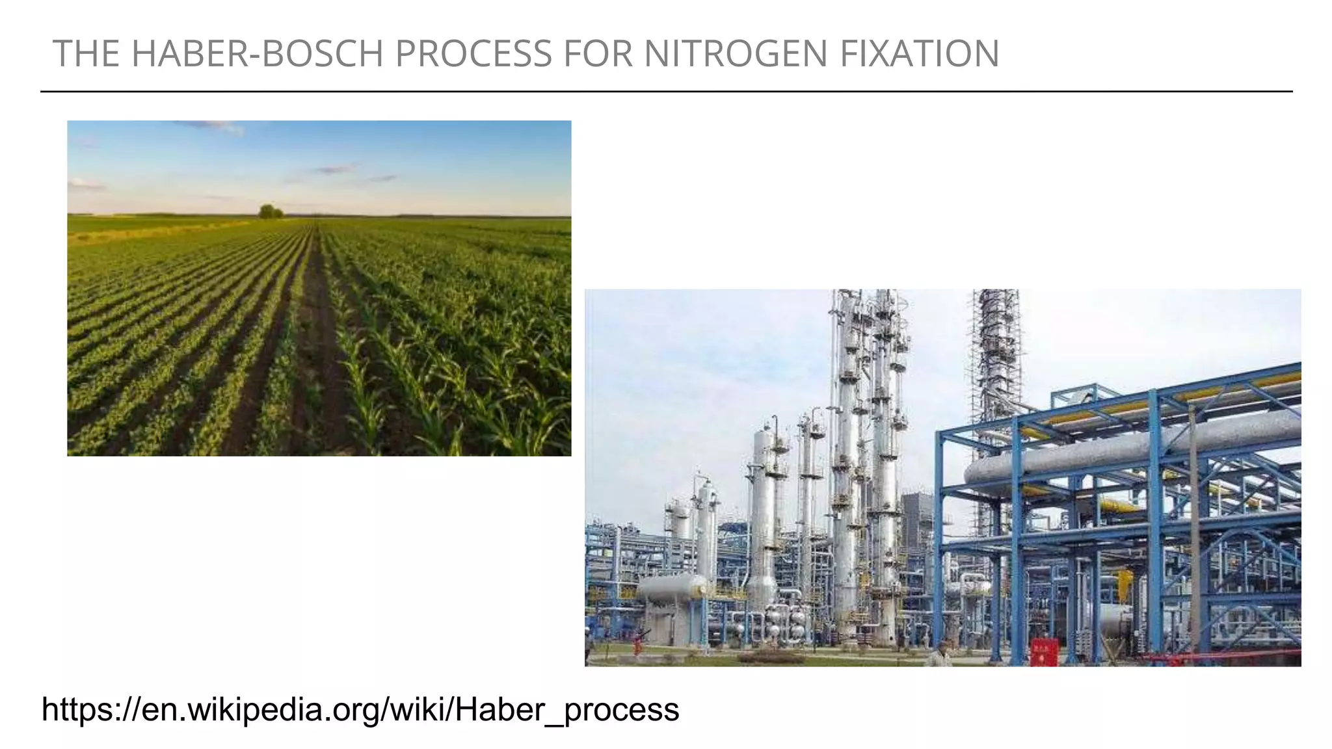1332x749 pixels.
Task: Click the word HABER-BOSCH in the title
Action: click(257, 53)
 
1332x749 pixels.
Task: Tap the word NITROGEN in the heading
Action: click(736, 53)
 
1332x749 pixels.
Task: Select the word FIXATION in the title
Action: click(919, 53)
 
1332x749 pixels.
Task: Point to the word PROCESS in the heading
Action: click(473, 53)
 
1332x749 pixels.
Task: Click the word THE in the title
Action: click(86, 53)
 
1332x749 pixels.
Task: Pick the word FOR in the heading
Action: click(598, 53)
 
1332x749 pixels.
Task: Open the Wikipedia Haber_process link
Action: click(360, 709)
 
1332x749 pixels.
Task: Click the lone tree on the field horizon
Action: click(270, 211)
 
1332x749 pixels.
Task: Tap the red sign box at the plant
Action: click(1044, 652)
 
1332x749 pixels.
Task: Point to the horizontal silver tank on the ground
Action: click(671, 588)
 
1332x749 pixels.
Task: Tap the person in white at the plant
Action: click(940, 653)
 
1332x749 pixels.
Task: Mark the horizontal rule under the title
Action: click(666, 92)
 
